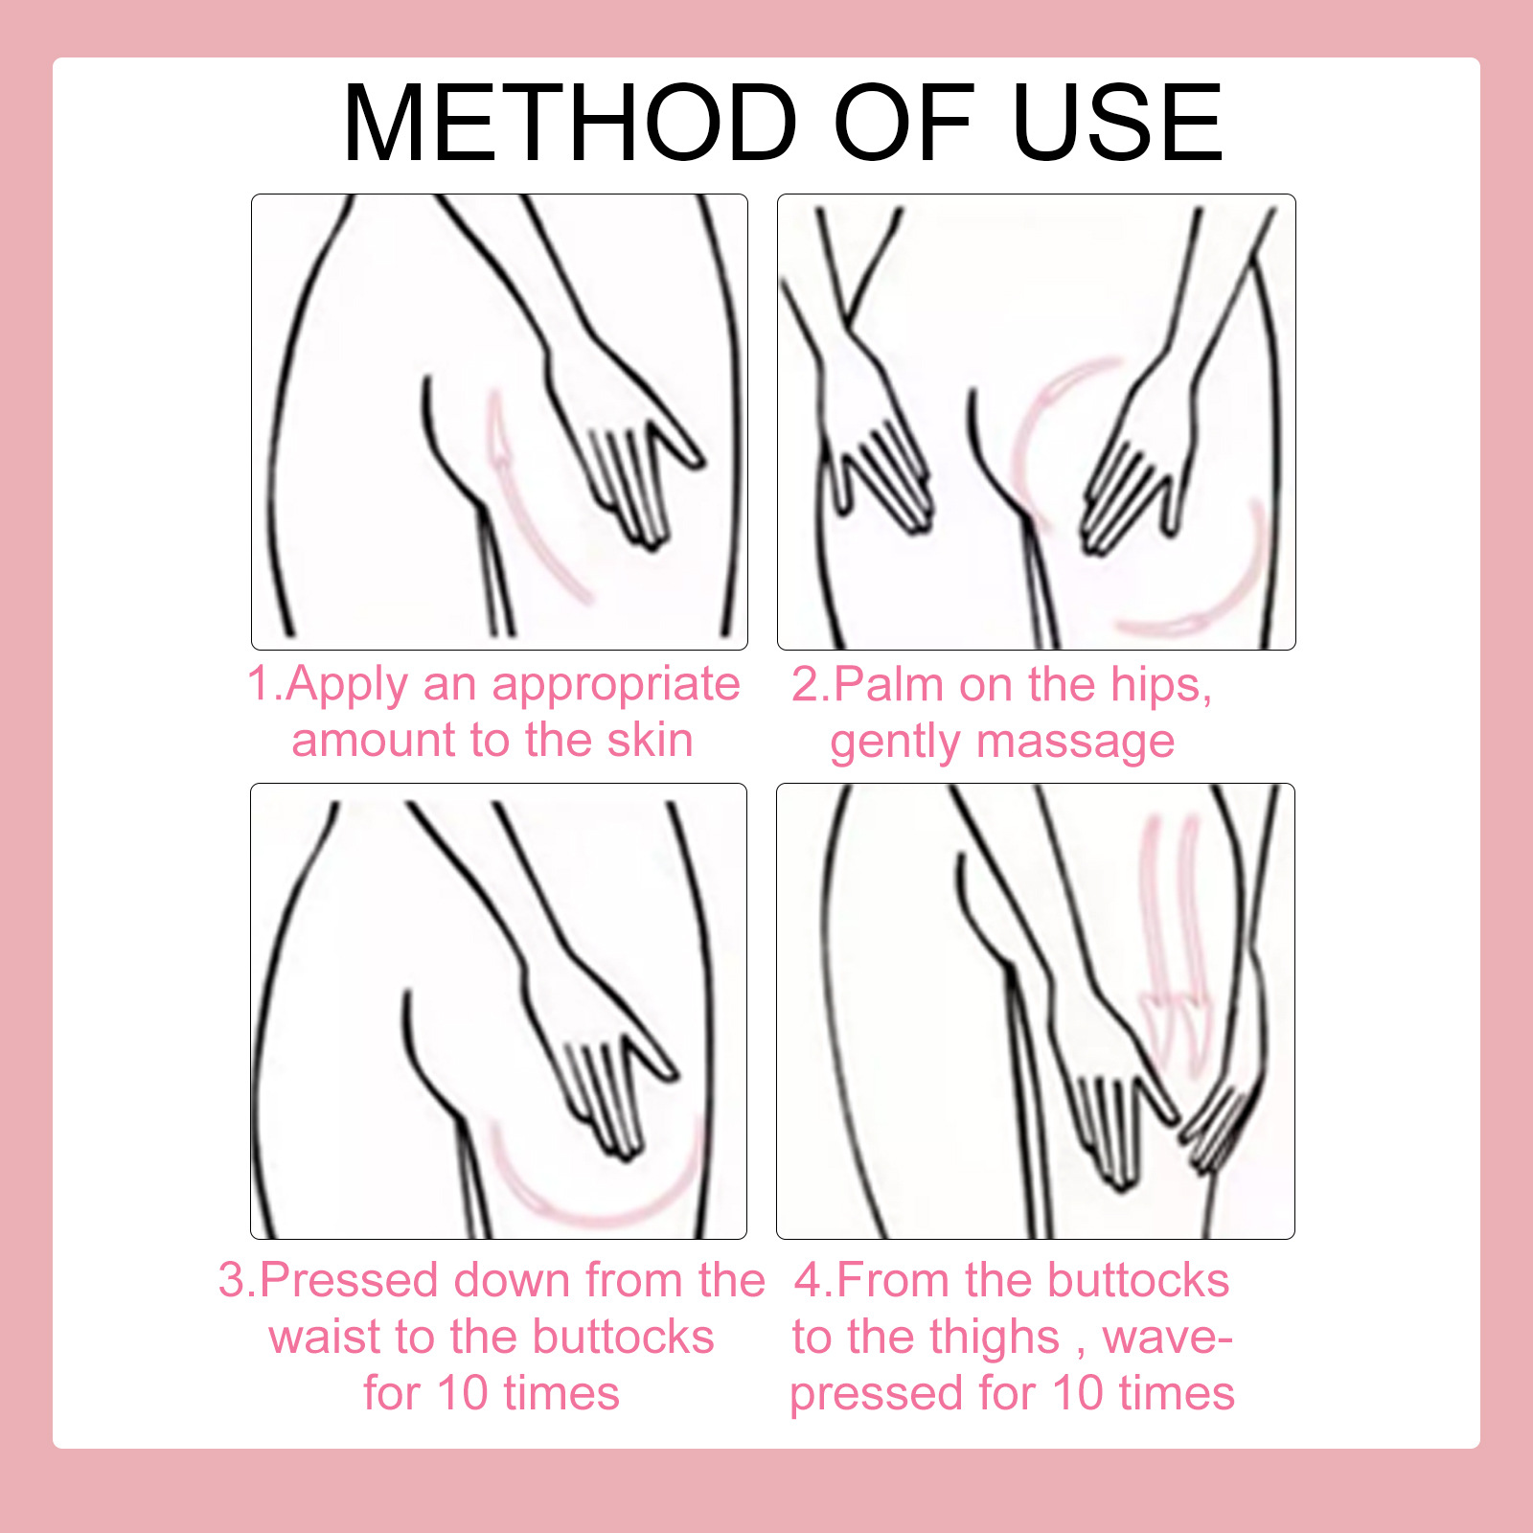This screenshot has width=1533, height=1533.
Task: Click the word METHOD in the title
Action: click(x=569, y=124)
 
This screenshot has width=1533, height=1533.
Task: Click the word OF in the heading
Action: click(x=904, y=124)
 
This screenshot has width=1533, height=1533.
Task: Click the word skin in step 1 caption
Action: click(x=649, y=741)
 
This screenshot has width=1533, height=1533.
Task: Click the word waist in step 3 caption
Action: click(x=324, y=1338)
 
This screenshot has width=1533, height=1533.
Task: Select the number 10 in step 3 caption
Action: click(x=463, y=1393)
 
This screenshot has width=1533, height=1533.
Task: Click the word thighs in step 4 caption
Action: click(x=995, y=1338)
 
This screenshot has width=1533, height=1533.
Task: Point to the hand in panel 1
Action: click(x=628, y=460)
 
